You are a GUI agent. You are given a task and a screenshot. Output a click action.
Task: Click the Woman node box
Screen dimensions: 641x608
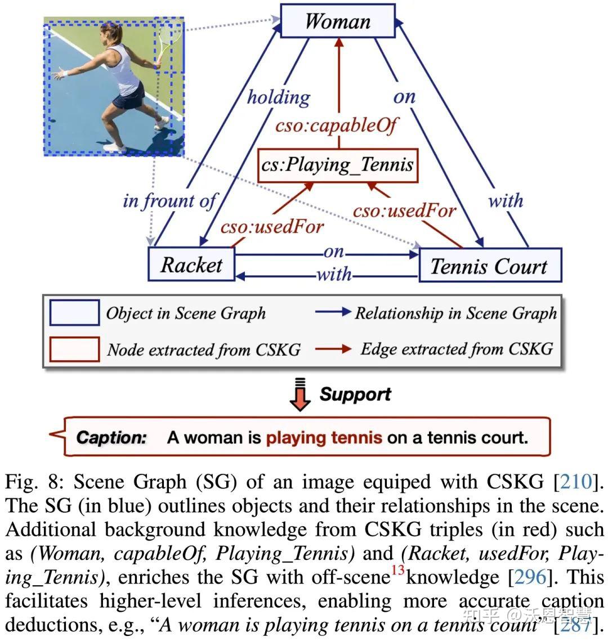click(338, 21)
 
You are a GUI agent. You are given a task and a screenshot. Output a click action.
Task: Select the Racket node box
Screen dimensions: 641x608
click(191, 264)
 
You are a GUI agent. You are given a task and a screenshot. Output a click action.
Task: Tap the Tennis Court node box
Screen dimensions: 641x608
click(489, 265)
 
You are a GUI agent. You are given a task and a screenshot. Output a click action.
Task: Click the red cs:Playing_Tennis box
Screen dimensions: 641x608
click(338, 165)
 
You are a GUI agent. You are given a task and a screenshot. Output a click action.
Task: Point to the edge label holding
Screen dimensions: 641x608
click(279, 97)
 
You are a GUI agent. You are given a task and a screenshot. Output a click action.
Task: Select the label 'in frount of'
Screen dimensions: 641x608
click(169, 200)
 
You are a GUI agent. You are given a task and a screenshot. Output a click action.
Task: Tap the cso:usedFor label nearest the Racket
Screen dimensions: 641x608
click(272, 227)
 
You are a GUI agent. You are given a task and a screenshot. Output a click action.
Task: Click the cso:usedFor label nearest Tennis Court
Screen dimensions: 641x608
click(404, 210)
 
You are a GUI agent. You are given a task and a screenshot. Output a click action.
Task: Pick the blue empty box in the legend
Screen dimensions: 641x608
click(74, 313)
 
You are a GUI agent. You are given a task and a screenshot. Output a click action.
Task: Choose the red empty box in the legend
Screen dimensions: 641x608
click(74, 349)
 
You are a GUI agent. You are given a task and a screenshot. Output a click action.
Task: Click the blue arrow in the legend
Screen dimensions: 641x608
click(333, 312)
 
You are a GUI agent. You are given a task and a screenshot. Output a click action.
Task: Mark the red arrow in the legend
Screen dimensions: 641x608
click(333, 349)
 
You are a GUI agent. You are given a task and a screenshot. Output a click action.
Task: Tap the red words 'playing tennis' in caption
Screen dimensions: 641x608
click(324, 437)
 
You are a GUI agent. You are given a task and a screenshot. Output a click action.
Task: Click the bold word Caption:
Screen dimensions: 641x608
click(111, 437)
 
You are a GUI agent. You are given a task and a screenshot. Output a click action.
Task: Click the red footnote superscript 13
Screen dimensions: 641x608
click(398, 570)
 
